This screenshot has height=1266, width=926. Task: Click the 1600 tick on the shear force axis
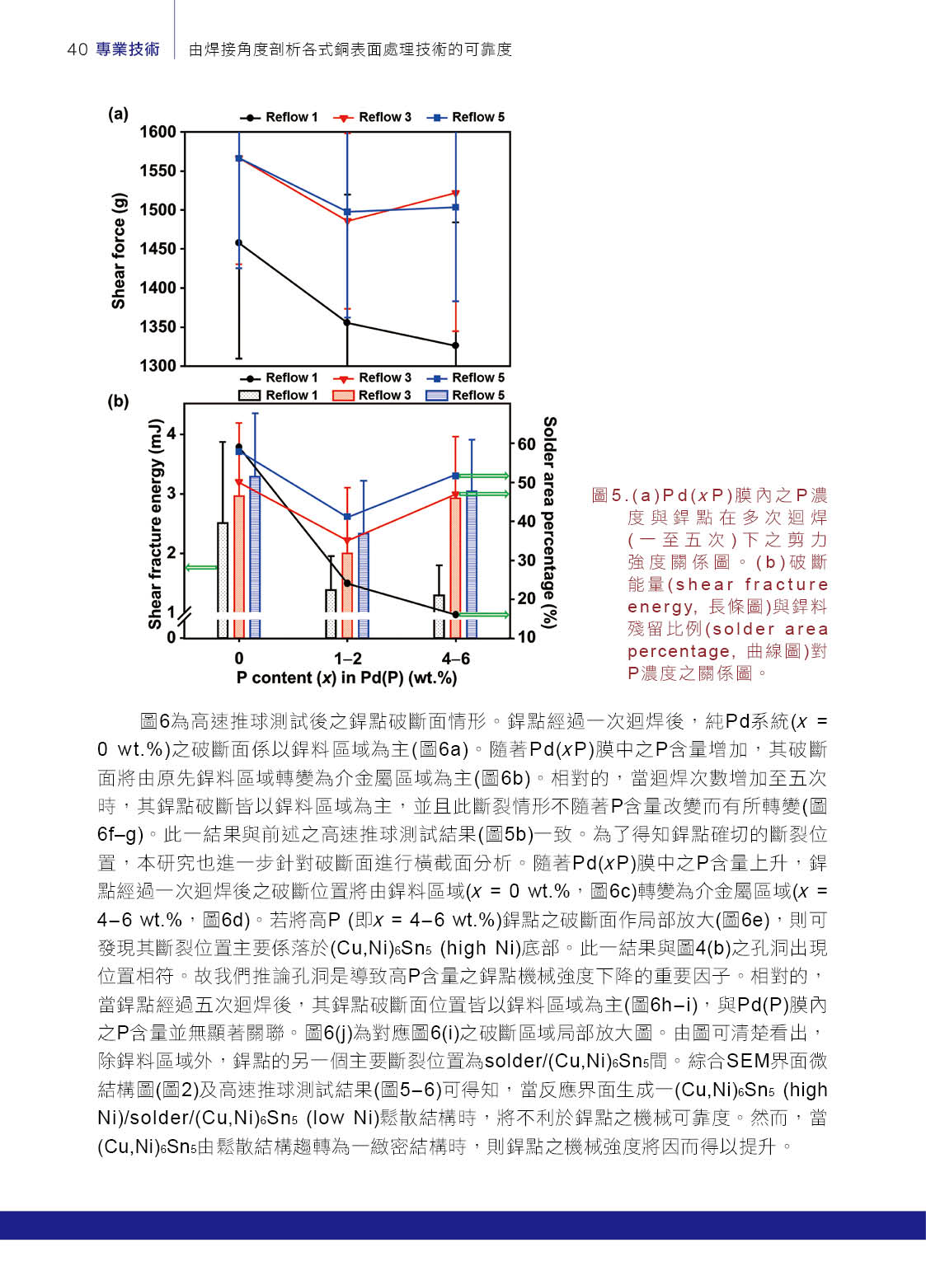coord(158,132)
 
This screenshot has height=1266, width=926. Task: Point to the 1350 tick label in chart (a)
coord(158,327)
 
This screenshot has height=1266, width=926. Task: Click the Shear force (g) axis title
coord(119,251)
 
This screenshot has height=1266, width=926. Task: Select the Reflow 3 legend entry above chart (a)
coord(373,117)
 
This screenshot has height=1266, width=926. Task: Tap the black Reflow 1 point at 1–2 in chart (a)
coord(347,322)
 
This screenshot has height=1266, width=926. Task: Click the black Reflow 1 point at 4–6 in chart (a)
coord(456,345)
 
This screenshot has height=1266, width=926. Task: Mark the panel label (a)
coord(119,114)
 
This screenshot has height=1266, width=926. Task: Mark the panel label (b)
coord(119,401)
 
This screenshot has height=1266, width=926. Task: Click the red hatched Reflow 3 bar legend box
coord(343,396)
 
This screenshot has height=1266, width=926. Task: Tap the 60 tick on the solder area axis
coord(526,444)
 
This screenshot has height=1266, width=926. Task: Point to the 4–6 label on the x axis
coord(456,659)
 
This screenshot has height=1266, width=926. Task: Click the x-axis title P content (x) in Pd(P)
coord(346,678)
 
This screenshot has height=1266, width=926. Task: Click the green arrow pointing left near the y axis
coord(200,567)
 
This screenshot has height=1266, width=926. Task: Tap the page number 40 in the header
coord(78,49)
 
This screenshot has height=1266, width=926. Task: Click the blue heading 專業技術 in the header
coord(128,49)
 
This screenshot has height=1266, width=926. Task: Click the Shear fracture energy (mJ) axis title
coord(155,524)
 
